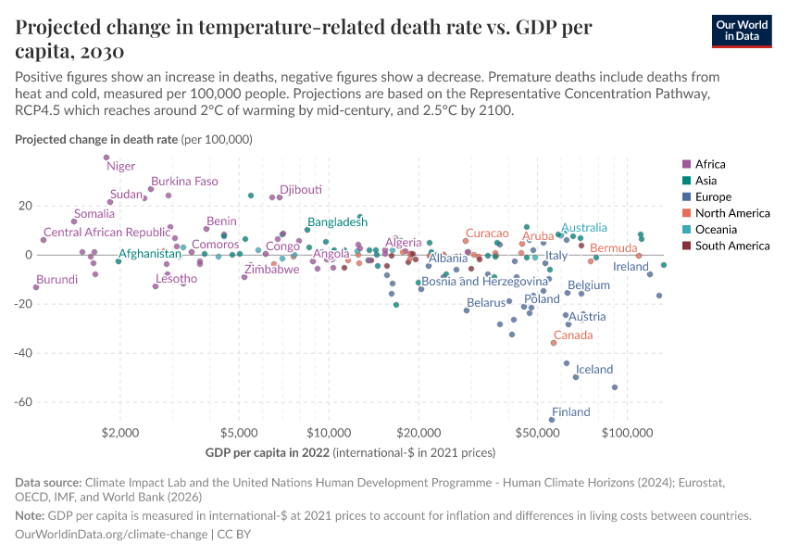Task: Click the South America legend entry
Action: pos(731,246)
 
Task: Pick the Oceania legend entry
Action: pos(718,229)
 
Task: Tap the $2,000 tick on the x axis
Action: pos(120,433)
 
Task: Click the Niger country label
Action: pos(120,166)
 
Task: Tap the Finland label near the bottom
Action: pos(570,412)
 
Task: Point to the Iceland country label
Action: pos(594,369)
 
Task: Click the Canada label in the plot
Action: pos(573,335)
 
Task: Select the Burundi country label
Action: pos(57,279)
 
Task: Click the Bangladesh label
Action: pos(338,222)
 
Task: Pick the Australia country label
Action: pos(584,228)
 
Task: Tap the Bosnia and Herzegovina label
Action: pos(484,281)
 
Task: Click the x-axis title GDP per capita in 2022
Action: pos(267,452)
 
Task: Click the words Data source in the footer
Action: pos(48,483)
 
